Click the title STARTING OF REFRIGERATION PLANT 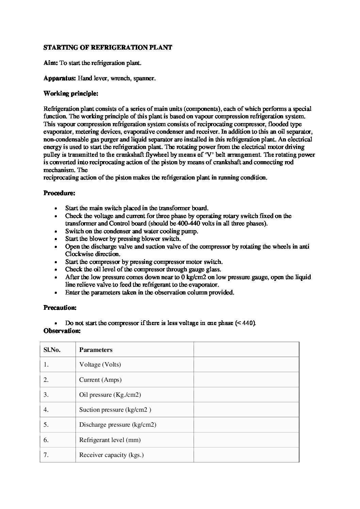tap(108, 48)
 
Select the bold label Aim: tap(51, 63)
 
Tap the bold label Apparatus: tap(60, 78)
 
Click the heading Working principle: tap(71, 94)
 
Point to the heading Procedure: tap(59, 193)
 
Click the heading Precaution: tap(60, 308)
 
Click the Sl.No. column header tap(52, 350)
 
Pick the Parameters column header tap(96, 350)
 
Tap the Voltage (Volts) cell tap(100, 365)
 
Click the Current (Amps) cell tap(100, 380)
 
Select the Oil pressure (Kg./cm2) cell tap(110, 395)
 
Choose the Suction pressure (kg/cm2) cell tap(115, 410)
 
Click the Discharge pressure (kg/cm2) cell tap(118, 425)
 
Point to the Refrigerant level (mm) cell tap(110, 440)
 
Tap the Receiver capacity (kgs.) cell tap(111, 455)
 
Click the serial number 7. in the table tap(46, 455)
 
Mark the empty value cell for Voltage tap(246, 365)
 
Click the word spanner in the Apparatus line tap(144, 78)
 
